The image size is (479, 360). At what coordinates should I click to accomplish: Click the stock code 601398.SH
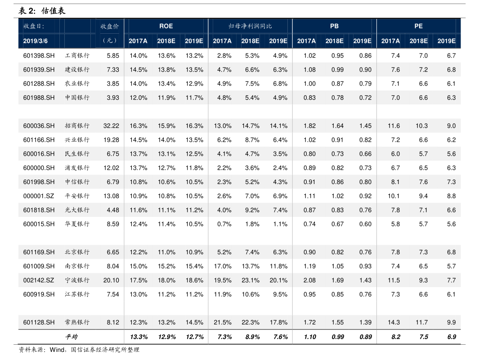coord(39,56)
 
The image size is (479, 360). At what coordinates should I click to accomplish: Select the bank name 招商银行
coord(77,126)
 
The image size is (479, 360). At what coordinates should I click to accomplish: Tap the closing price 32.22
coord(111,126)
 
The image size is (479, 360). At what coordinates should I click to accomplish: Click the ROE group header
coord(166,26)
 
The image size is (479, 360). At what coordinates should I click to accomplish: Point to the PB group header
coord(334,26)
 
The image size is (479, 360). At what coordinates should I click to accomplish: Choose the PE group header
coord(418,26)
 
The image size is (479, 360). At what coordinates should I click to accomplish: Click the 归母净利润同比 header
coord(250,26)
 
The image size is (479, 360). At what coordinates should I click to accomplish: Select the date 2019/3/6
coord(35,41)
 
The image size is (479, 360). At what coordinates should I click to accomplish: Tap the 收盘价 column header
coord(109,26)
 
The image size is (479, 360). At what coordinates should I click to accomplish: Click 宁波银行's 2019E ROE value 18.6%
coord(194,280)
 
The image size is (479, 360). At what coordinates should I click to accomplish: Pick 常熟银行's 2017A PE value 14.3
coord(394,323)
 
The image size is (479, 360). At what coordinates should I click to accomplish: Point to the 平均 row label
coord(71,337)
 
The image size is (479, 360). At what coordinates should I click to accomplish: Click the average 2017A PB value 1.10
coord(310,337)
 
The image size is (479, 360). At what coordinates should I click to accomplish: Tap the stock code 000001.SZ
coord(39,196)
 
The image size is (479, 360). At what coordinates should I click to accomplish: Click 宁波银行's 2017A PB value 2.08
coord(309,280)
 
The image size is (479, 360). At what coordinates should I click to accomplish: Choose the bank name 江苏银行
coord(77,294)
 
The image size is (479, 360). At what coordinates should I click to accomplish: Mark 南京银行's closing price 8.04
coord(113,266)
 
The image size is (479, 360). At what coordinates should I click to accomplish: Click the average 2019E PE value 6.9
coord(451,337)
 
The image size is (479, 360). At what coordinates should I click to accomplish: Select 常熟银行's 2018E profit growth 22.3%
coord(251,323)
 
